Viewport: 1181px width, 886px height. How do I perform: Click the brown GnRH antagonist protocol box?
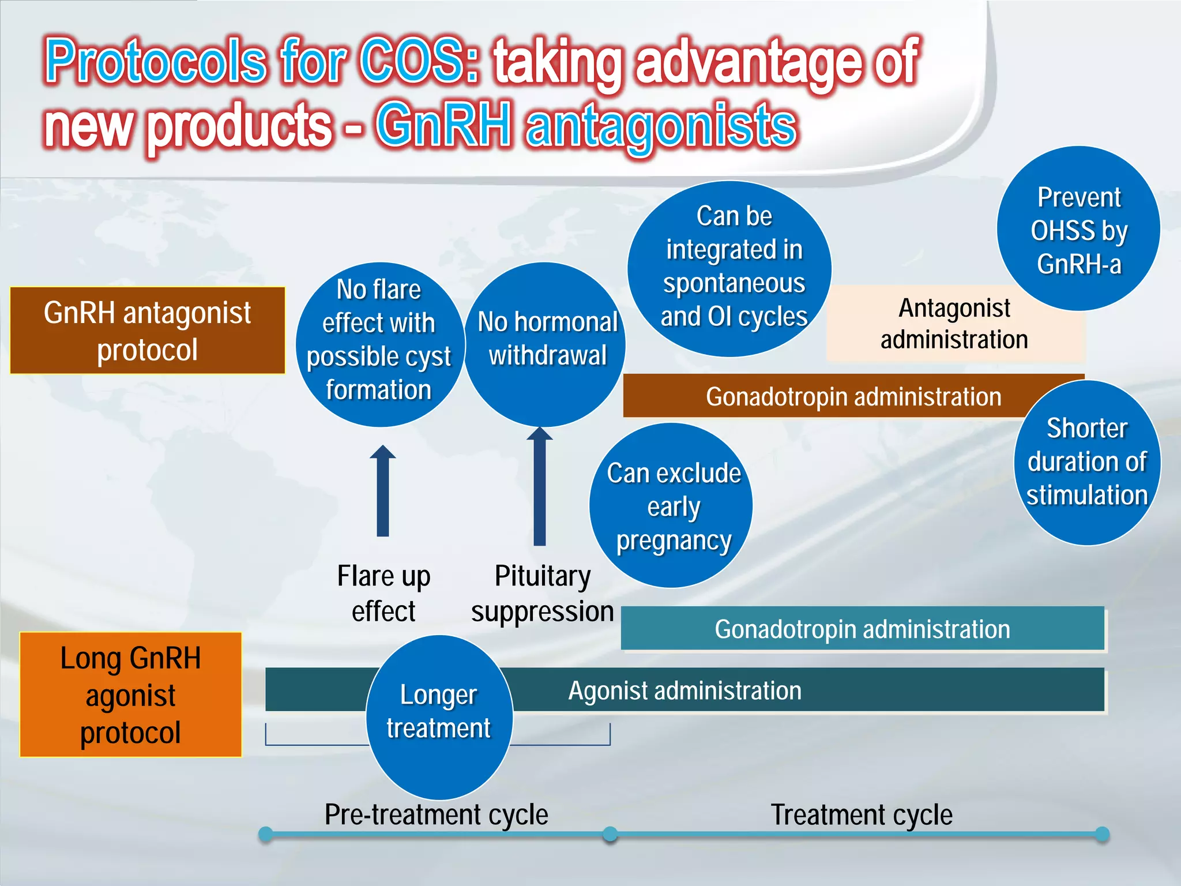pyautogui.click(x=148, y=331)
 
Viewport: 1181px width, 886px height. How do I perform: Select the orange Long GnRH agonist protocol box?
pyautogui.click(x=131, y=694)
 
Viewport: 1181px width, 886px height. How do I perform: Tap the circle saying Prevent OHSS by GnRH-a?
pyautogui.click(x=1078, y=229)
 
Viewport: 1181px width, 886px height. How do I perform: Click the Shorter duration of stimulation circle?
pyautogui.click(x=1087, y=463)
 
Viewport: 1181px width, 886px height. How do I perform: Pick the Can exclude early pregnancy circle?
pyautogui.click(x=672, y=506)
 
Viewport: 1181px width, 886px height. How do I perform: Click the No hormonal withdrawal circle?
pyautogui.click(x=545, y=345)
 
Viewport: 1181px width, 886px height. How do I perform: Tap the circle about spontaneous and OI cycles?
pyautogui.click(x=729, y=269)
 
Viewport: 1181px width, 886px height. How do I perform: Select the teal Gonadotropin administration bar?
pyautogui.click(x=862, y=629)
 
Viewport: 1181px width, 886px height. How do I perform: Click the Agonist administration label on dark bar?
pyautogui.click(x=685, y=690)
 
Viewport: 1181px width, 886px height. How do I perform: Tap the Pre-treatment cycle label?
pyautogui.click(x=436, y=814)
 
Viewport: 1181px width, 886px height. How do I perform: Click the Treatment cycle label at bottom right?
pyautogui.click(x=862, y=814)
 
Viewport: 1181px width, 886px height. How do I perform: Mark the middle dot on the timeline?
pyautogui.click(x=610, y=834)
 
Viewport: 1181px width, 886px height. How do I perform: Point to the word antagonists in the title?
pyautogui.click(x=661, y=125)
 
